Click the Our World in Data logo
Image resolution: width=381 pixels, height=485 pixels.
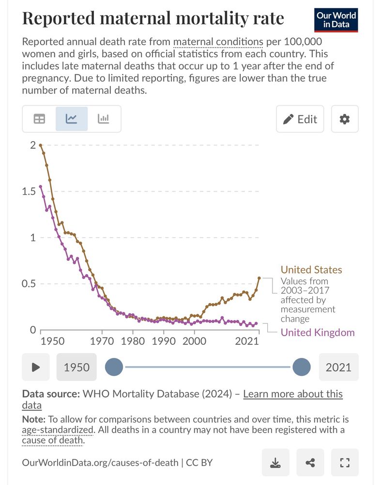336,20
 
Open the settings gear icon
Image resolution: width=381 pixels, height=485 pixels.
345,119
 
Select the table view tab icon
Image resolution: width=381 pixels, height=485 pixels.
39,119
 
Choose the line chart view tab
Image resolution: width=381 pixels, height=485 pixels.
72,119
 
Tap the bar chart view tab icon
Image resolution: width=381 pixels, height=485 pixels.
104,119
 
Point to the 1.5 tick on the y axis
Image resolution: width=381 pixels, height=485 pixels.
29,191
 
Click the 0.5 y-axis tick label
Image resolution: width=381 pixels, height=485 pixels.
29,284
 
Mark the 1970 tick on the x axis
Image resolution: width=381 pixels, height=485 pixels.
102,341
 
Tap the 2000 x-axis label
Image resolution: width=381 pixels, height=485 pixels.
194,341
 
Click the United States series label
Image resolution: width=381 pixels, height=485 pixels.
311,270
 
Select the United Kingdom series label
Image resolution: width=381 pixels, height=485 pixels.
318,332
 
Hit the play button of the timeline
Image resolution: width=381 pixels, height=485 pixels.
35,367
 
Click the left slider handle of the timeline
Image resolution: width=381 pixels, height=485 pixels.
114,367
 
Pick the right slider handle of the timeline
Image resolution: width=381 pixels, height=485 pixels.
301,367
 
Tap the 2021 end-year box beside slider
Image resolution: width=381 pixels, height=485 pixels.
338,367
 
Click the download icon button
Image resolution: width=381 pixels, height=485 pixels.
275,463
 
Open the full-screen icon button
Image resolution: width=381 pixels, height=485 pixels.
345,463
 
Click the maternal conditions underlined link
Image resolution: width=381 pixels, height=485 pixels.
217,42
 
